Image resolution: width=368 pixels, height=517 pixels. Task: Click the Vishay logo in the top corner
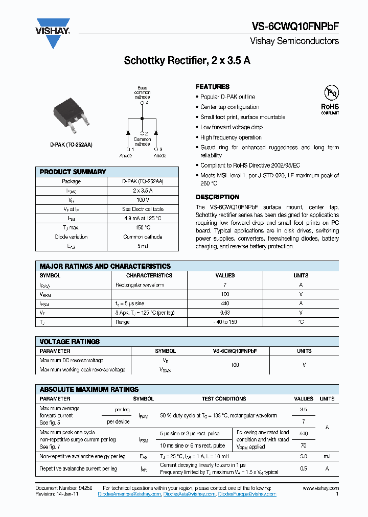(53, 33)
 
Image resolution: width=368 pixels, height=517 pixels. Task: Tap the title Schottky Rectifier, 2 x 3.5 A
(187, 61)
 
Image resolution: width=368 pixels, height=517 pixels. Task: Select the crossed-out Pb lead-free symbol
(331, 93)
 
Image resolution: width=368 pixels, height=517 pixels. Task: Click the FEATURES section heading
(213, 87)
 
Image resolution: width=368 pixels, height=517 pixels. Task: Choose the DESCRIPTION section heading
(217, 197)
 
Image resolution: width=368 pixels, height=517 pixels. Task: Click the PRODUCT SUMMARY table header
(73, 172)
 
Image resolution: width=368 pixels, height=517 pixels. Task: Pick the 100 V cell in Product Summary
(143, 200)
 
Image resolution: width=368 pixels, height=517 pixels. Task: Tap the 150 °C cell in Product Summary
(143, 227)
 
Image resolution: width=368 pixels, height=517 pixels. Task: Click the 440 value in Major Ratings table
(225, 303)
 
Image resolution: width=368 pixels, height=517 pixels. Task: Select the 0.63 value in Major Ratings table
(225, 313)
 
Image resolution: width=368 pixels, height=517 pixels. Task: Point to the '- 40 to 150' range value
(225, 322)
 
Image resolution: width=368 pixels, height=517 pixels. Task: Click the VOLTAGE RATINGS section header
(70, 342)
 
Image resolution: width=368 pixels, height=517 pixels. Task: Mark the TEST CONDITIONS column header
(223, 398)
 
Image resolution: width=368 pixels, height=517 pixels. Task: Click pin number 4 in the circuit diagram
(147, 103)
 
